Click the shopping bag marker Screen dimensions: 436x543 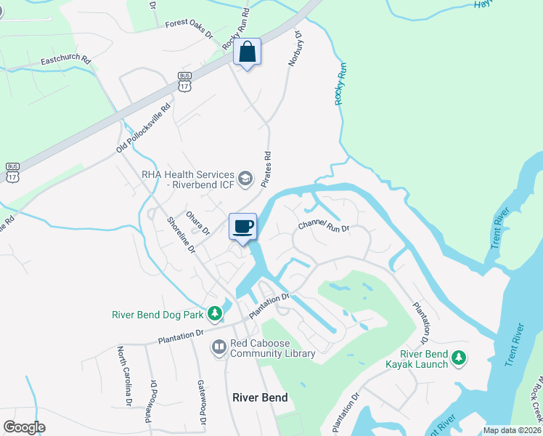coord(247,52)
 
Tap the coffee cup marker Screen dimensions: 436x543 coord(242,226)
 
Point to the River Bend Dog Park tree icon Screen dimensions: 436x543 coord(214,314)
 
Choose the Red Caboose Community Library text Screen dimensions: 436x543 coord(272,348)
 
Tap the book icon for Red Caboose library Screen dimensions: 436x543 coord(219,347)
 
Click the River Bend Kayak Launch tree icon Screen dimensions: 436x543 coord(458,357)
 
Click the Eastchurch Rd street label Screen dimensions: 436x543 coord(65,59)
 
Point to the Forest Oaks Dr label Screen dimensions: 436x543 coord(189,28)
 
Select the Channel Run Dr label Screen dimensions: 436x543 coord(324,227)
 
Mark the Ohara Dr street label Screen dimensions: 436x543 coord(197,222)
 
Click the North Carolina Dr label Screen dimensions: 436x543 coord(125,375)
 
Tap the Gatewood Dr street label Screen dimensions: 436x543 coord(202,400)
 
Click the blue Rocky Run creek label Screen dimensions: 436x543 coord(339,84)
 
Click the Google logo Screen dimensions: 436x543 coord(24,428)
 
